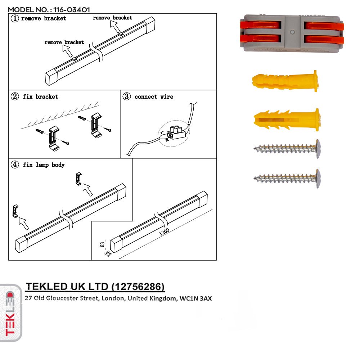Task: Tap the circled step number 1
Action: [x=15, y=18]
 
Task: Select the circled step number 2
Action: [x=15, y=96]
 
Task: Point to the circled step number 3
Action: [x=127, y=96]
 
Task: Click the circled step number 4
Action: [x=15, y=165]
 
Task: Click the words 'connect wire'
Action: [x=154, y=97]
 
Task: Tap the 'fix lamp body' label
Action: [x=44, y=165]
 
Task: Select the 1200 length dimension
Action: [x=163, y=233]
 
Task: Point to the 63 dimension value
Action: [x=102, y=244]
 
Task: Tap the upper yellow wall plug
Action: [x=284, y=81]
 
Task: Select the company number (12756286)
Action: [x=138, y=287]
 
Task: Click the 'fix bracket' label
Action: [x=40, y=97]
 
